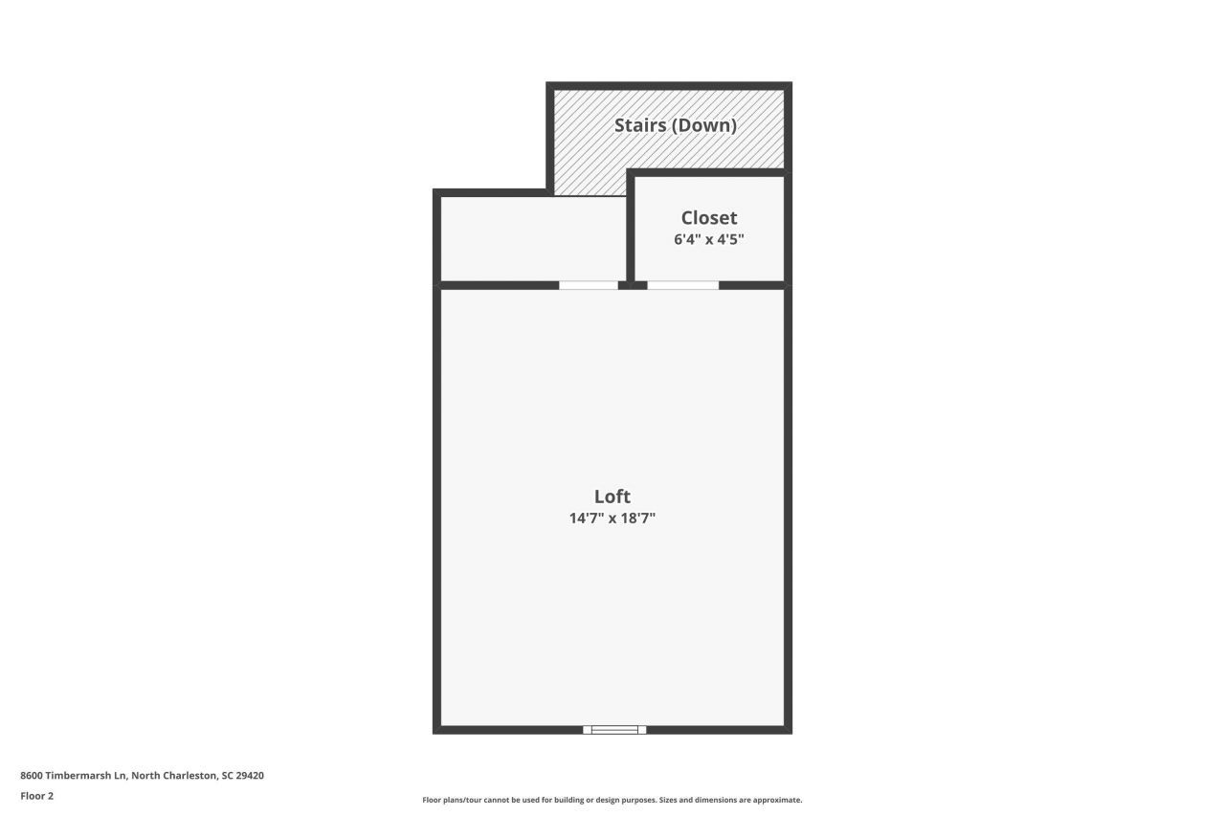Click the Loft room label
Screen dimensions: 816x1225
[612, 496]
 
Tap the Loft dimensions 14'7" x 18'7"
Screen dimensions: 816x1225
[612, 518]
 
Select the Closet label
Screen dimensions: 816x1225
[709, 218]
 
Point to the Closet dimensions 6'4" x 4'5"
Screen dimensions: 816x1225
[709, 239]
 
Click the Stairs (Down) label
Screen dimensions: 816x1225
[676, 125]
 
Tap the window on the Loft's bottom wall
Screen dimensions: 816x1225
[614, 730]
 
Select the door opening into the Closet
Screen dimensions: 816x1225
[682, 285]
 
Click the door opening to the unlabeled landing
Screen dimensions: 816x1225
[589, 285]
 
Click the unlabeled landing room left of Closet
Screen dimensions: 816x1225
[532, 239]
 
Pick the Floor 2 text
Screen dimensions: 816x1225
[37, 796]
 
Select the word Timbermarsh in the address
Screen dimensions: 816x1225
[78, 776]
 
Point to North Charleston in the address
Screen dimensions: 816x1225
[173, 776]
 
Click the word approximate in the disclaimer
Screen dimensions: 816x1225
[770, 800]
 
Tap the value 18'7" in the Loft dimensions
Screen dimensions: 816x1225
[638, 518]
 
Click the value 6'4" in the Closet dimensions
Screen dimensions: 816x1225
[686, 239]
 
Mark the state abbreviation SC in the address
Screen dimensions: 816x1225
[227, 776]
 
